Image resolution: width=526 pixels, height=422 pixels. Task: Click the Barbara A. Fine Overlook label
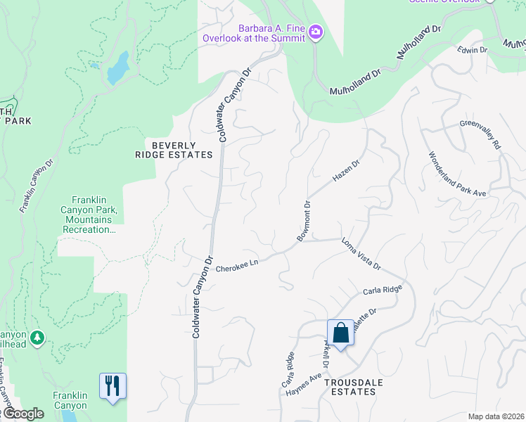click(x=254, y=33)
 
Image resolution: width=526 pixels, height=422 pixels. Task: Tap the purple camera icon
click(x=316, y=32)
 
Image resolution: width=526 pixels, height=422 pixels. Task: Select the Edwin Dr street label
click(x=472, y=50)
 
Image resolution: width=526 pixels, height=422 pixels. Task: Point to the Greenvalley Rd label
click(x=480, y=134)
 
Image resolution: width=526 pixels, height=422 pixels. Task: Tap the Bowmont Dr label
click(x=304, y=221)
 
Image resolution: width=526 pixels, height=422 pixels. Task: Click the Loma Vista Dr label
click(x=361, y=255)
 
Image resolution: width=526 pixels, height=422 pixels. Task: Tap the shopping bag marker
click(x=340, y=333)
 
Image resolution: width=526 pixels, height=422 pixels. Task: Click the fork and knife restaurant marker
click(x=113, y=386)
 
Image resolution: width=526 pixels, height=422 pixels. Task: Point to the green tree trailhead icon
click(x=37, y=338)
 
